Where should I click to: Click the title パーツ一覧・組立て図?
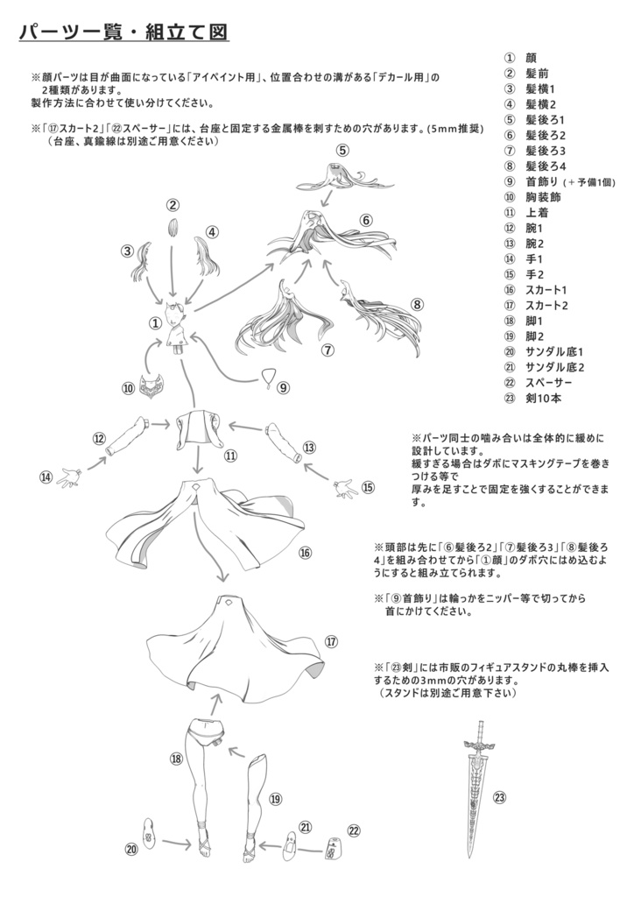click(123, 32)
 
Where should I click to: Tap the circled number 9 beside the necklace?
click(284, 386)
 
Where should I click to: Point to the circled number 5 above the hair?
click(342, 150)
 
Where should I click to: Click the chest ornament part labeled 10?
click(157, 383)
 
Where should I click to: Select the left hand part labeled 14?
click(67, 477)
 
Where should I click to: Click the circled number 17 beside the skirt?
click(332, 641)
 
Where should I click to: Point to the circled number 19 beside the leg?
click(275, 798)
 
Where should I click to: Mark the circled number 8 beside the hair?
click(417, 305)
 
